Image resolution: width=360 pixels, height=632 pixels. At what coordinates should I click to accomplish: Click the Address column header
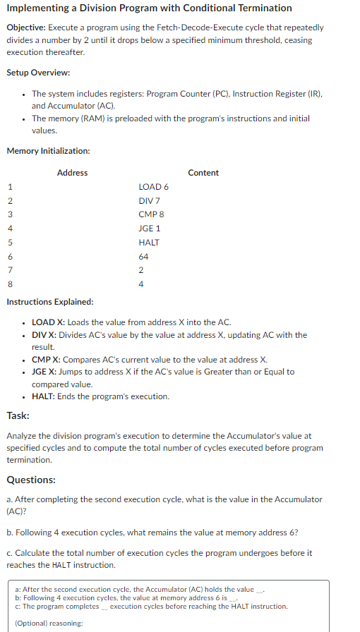[x=72, y=173]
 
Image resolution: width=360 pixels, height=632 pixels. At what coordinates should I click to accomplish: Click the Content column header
[x=203, y=173]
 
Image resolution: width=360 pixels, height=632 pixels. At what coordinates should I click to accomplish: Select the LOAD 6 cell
[x=154, y=187]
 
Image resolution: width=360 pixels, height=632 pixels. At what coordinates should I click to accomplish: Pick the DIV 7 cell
[x=150, y=201]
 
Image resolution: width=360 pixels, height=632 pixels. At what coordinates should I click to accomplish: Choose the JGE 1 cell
[x=150, y=229]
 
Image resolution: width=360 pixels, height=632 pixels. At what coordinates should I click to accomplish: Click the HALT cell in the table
[x=149, y=243]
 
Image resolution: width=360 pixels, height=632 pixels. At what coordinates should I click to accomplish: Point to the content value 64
[x=144, y=257]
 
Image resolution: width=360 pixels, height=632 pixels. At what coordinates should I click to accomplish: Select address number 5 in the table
[x=10, y=243]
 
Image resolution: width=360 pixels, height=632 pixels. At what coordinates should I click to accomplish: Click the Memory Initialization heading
[x=48, y=150]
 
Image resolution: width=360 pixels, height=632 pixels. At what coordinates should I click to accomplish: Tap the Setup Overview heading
[x=38, y=73]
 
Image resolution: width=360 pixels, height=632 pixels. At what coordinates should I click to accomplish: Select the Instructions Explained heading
[x=49, y=302]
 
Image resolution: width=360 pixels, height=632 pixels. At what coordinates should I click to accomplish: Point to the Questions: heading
[x=31, y=480]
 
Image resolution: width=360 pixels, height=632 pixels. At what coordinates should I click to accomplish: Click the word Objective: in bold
[x=27, y=28]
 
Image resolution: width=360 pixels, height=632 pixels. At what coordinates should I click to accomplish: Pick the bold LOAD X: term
[x=49, y=322]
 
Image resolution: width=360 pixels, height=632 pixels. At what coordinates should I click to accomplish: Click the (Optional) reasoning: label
[x=49, y=623]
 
